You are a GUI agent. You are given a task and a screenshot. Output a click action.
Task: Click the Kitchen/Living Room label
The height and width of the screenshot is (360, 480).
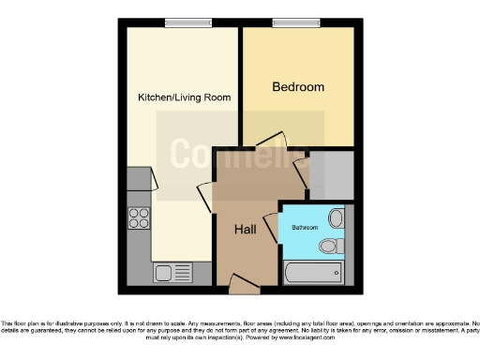tap(184, 97)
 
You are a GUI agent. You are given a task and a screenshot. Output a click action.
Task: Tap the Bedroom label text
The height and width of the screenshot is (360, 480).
tap(298, 87)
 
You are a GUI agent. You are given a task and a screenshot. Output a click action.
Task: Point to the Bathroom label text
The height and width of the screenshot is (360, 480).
tap(304, 227)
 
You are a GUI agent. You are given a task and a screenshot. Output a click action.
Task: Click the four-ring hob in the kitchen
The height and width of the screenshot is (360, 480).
tap(139, 217)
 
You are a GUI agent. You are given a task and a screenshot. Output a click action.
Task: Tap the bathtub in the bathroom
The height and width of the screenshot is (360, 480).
tap(312, 274)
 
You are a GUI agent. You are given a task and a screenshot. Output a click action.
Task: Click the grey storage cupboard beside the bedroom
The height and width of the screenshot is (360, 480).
tap(333, 173)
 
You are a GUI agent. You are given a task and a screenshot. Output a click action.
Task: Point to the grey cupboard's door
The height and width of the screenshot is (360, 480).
tap(302, 172)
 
